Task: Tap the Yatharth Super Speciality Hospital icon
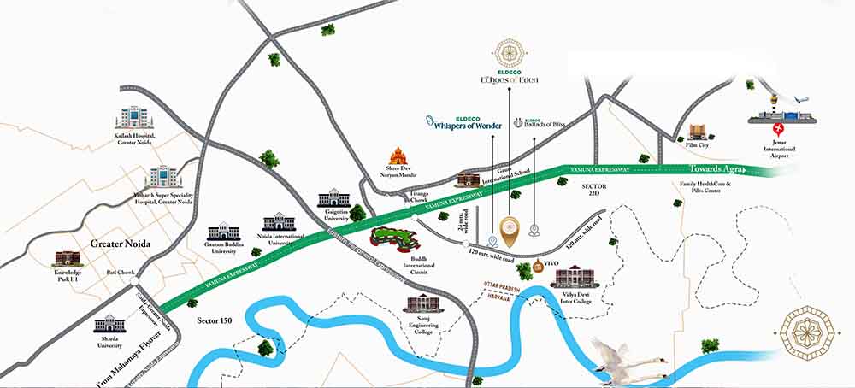(x=162, y=176)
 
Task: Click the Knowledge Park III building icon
(x=67, y=258)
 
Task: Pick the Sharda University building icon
(x=109, y=325)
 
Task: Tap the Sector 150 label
(x=215, y=320)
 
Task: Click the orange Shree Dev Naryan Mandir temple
(x=398, y=156)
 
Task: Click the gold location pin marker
(x=510, y=229)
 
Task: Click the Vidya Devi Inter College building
(x=570, y=277)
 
